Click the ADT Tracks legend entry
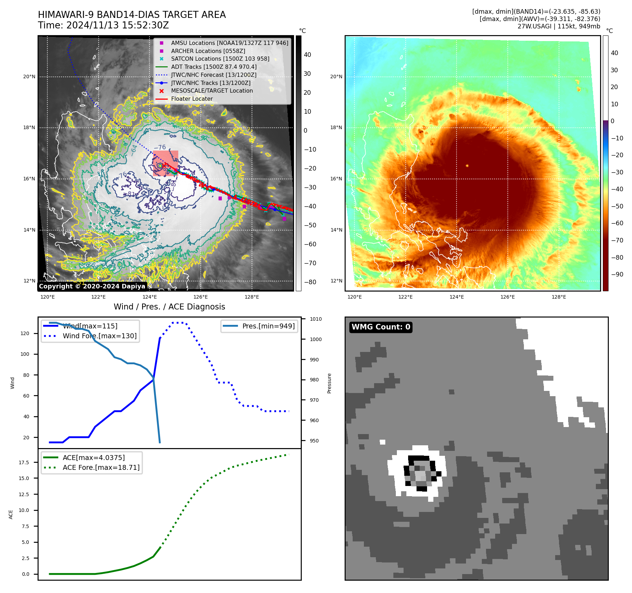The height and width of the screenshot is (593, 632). coord(214,67)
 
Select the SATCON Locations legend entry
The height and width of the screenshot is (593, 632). coord(220,59)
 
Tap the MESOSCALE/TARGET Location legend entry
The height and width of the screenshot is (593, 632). coord(212,91)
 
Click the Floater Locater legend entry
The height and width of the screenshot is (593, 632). coord(192,99)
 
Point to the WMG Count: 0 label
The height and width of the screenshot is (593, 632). coord(381,327)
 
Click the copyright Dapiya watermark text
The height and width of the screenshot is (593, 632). coord(92,286)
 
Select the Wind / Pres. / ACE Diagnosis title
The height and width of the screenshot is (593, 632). coord(169,307)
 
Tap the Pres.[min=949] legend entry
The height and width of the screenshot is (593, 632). coord(268,326)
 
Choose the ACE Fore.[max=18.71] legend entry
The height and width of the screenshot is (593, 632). coord(101,467)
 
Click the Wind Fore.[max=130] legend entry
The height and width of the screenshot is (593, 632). coord(99,336)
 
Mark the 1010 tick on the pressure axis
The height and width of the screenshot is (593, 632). coord(315,319)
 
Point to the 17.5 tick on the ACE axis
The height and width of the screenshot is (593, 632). coord(24,462)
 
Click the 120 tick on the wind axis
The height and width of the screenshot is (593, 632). coord(25,333)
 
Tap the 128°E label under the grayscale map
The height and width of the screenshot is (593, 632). coord(252,297)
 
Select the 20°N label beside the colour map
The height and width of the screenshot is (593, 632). coord(336,76)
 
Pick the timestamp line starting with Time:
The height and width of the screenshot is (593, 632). coord(103,25)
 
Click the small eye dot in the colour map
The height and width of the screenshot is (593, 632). coord(467,166)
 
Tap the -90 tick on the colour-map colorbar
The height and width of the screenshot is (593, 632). coord(617,274)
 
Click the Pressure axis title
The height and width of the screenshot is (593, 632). coord(329,383)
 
